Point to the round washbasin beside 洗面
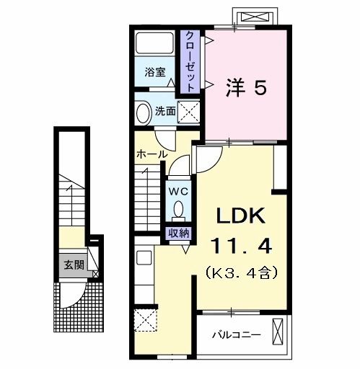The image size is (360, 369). pos(142,112)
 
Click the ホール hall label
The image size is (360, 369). pos(152,154)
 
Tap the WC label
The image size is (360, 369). pos(178,192)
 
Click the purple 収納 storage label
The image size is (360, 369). pos(179,233)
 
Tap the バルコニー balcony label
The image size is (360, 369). pos(235,334)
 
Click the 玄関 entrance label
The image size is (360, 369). pos(74,264)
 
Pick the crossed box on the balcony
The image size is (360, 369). pos(278,334)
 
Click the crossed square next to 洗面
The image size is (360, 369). pos(189,112)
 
